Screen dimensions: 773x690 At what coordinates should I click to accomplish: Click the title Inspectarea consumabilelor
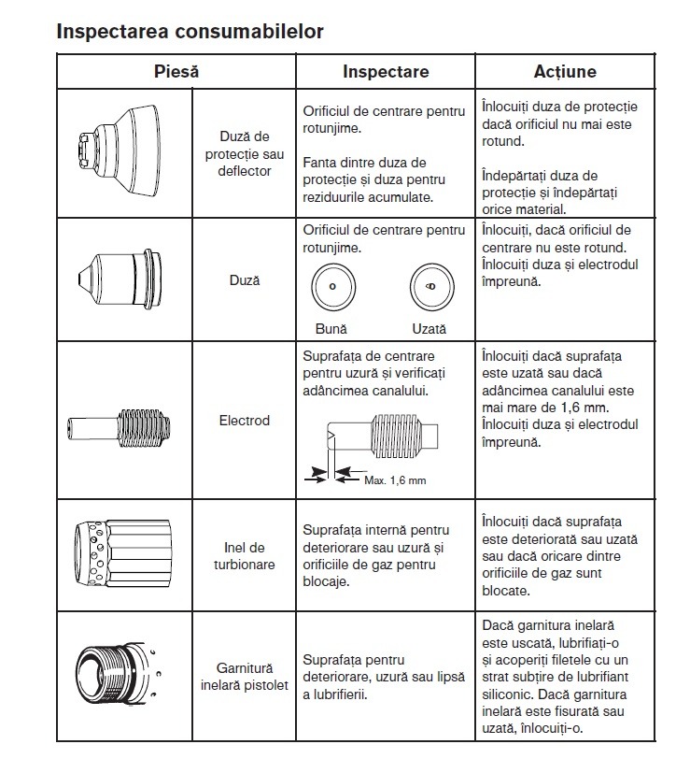190,32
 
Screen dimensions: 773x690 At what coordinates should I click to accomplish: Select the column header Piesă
176,71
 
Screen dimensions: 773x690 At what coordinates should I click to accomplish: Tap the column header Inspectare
386,71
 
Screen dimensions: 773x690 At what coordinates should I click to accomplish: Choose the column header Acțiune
565,71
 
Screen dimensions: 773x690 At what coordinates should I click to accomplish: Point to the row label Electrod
244,421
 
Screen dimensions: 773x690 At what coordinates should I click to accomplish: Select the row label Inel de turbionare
244,556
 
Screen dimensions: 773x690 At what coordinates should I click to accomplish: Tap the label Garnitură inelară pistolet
244,677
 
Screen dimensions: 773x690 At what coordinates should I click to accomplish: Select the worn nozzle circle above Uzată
429,286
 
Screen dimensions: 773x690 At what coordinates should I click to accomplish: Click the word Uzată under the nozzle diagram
429,329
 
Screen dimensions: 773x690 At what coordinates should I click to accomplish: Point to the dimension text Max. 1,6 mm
395,480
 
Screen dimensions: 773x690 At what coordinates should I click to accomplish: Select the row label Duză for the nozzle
245,279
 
